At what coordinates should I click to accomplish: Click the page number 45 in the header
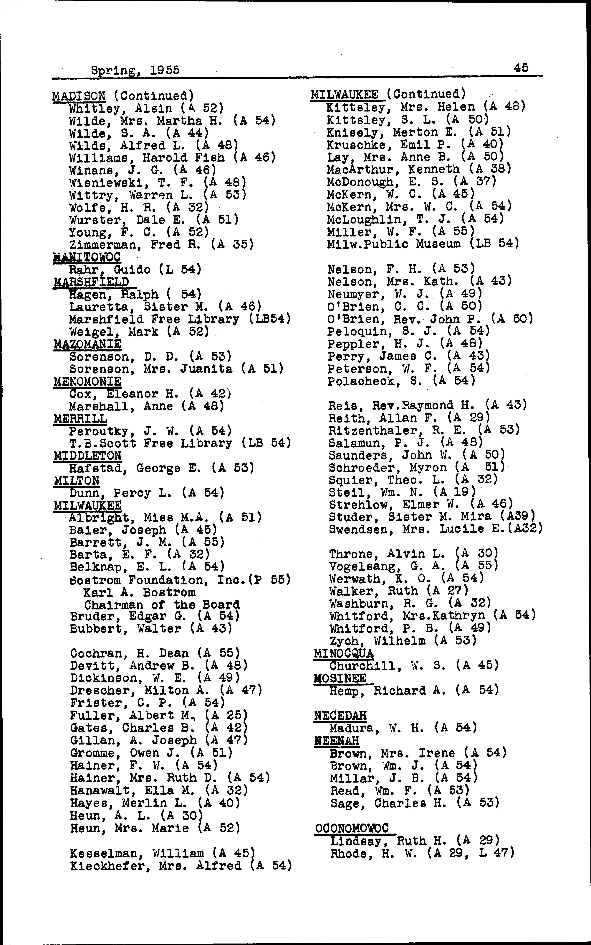click(x=521, y=68)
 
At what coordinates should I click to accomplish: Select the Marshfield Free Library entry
click(x=180, y=319)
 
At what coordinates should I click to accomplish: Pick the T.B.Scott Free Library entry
click(x=180, y=443)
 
